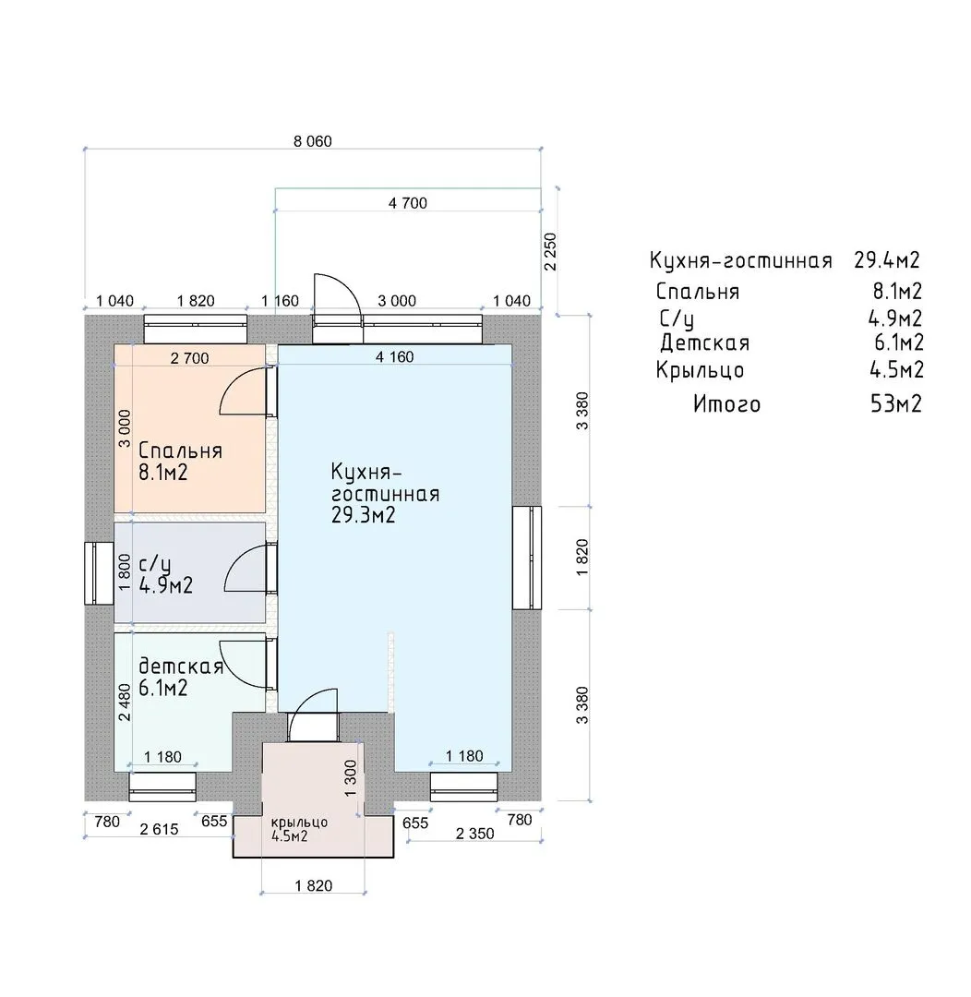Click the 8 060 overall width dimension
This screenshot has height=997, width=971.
tap(313, 141)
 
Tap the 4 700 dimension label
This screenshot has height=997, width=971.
tap(408, 203)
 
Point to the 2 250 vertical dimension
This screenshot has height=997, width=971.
tap(551, 252)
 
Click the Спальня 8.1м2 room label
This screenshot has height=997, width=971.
tap(181, 462)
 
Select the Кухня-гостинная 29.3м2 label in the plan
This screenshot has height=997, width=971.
tap(385, 493)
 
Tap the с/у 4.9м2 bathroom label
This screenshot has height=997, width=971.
tap(165, 575)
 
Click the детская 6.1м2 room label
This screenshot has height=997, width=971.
tap(181, 677)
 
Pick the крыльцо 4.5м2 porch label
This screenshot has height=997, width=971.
tap(299, 829)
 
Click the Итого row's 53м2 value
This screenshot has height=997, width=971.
tap(896, 403)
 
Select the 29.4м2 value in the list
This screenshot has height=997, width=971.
tap(887, 260)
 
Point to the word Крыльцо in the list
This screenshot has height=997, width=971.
tap(701, 370)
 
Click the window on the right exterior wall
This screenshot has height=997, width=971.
tap(527, 558)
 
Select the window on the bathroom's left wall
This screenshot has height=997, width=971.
tap(99, 573)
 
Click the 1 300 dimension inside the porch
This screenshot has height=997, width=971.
tap(351, 778)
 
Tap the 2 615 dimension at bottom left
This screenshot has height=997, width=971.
tap(159, 829)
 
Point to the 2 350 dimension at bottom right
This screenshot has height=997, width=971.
tap(475, 834)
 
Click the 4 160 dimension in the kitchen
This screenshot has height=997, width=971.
tap(394, 356)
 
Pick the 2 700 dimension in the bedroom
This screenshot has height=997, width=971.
tap(189, 358)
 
